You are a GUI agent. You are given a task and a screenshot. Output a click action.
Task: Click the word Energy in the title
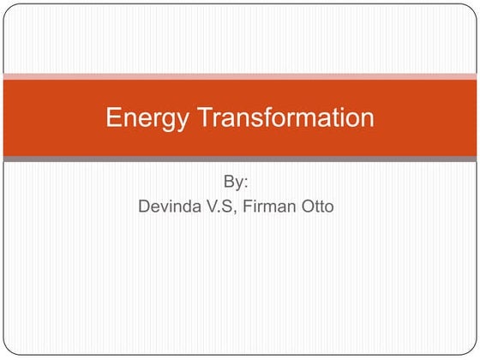pos(148,118)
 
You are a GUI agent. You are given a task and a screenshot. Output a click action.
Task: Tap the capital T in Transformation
pos(205,117)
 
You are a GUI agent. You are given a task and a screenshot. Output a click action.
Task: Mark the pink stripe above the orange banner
pos(240,76)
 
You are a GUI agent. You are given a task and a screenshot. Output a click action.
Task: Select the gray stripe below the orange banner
pos(240,159)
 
